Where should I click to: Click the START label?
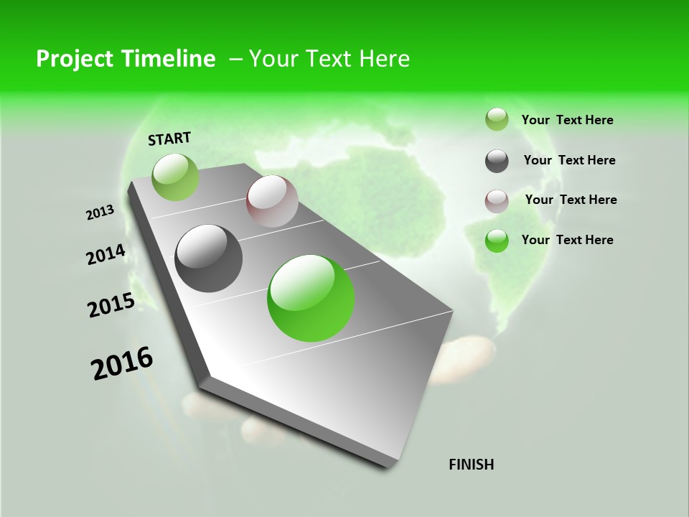pyautogui.click(x=169, y=138)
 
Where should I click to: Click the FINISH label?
pyautogui.click(x=471, y=465)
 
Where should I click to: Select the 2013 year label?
pyautogui.click(x=100, y=212)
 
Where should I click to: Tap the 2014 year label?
pyautogui.click(x=106, y=255)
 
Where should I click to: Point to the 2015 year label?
pyautogui.click(x=111, y=305)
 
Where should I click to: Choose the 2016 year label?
pyautogui.click(x=122, y=363)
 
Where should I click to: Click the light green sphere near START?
pyautogui.click(x=175, y=177)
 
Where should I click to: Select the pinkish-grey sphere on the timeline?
pyautogui.click(x=272, y=201)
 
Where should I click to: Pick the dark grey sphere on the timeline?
pyautogui.click(x=208, y=258)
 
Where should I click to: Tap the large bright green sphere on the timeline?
pyautogui.click(x=311, y=298)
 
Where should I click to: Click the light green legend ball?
pyautogui.click(x=497, y=119)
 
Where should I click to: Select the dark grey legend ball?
pyautogui.click(x=497, y=161)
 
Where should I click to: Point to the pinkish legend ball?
pyautogui.click(x=497, y=201)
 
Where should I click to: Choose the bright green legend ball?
pyautogui.click(x=497, y=241)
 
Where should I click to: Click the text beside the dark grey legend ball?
pyautogui.click(x=569, y=160)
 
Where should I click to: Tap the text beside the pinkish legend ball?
pyautogui.click(x=571, y=200)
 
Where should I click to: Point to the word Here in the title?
pyautogui.click(x=384, y=59)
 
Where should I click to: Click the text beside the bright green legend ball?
pyautogui.click(x=567, y=240)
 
